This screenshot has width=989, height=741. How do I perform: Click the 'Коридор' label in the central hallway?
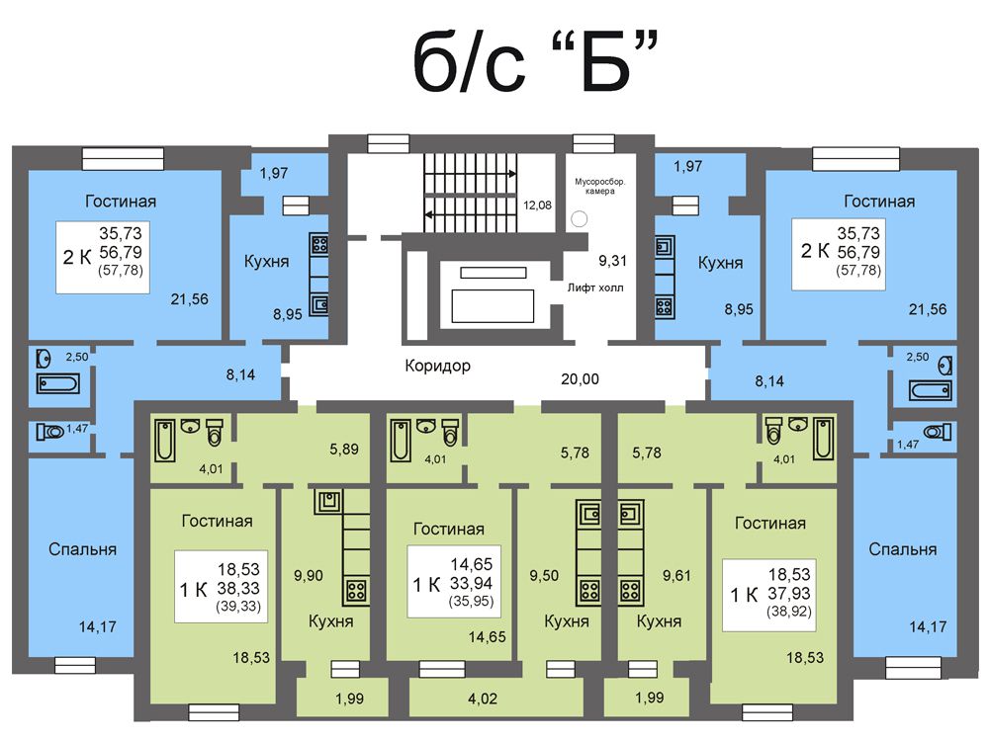(x=437, y=366)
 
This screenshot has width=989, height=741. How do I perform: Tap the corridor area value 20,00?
(x=580, y=379)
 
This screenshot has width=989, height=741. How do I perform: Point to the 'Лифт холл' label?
(x=594, y=288)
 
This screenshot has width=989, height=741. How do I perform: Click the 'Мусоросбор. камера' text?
(x=599, y=187)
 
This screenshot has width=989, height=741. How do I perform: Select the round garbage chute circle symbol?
(x=579, y=218)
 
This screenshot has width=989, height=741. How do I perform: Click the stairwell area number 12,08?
(x=537, y=205)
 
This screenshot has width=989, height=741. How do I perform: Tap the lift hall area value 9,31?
(x=612, y=260)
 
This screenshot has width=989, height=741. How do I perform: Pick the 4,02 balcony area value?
(x=483, y=699)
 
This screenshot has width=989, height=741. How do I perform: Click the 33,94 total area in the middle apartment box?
(x=471, y=583)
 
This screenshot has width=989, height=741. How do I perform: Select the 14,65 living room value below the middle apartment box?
(x=487, y=637)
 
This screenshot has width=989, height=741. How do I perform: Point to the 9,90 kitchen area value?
(x=309, y=575)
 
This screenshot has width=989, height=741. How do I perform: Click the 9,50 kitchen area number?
(x=544, y=575)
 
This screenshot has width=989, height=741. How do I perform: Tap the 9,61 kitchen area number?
(x=676, y=575)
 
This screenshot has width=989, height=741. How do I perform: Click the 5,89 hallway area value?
(x=344, y=450)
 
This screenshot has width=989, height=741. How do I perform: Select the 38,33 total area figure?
(x=238, y=588)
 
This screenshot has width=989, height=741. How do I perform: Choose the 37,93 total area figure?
(x=789, y=593)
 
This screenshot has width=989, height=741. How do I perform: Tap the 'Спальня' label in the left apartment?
(x=83, y=549)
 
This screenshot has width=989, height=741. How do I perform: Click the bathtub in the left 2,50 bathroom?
(x=58, y=383)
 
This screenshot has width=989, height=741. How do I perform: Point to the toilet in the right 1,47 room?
(x=938, y=432)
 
